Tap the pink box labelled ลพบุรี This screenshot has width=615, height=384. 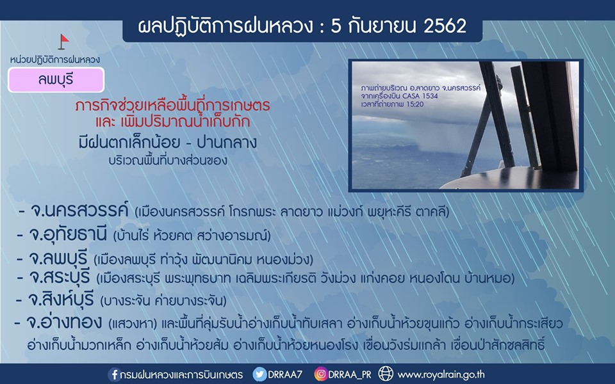pyautogui.click(x=56, y=80)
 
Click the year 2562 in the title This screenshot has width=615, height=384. pyautogui.click(x=445, y=27)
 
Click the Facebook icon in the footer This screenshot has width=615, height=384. pyautogui.click(x=114, y=374)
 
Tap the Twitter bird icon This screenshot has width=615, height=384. pyautogui.click(x=259, y=374)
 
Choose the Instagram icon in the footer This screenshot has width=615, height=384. pyautogui.click(x=321, y=374)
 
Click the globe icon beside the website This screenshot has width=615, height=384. pyautogui.click(x=386, y=374)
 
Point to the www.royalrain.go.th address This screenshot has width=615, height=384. pyautogui.click(x=441, y=375)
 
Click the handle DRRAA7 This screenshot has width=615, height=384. pyautogui.click(x=285, y=374)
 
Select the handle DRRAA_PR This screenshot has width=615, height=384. pyautogui.click(x=350, y=375)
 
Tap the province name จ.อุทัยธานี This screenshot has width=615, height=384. pyautogui.click(x=68, y=234)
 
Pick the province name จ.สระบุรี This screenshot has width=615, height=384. pyautogui.click(x=60, y=277)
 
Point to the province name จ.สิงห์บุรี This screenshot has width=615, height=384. pyautogui.click(x=61, y=300)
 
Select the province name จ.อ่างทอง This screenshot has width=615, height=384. pyautogui.click(x=64, y=322)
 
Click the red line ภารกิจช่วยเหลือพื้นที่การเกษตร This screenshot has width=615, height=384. pyautogui.click(x=172, y=106)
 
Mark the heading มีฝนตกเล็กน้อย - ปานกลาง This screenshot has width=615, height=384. pyautogui.click(x=168, y=142)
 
